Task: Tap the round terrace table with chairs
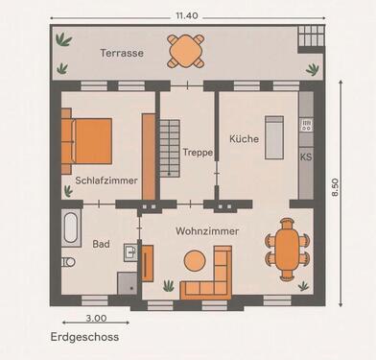click(185, 49)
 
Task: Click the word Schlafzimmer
click(106, 180)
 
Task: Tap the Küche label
click(244, 139)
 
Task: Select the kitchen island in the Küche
click(273, 137)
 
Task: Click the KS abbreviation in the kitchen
click(306, 156)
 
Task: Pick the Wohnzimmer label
click(207, 231)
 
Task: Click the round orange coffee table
click(196, 259)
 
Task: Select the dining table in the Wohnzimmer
click(289, 250)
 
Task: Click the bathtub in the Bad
click(72, 229)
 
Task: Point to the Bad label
click(101, 244)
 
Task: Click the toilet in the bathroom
click(67, 262)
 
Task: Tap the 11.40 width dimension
click(187, 16)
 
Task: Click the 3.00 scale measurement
click(96, 318)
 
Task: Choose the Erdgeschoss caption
click(85, 338)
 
